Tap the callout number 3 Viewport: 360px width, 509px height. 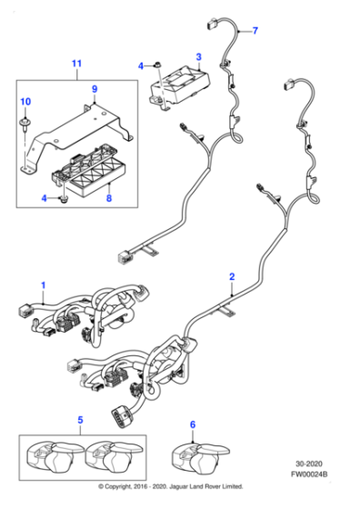pos(198,56)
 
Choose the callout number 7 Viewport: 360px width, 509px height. pos(255,31)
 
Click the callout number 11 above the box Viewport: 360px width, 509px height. pos(76,64)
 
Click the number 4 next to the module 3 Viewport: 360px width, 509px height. pos(141,65)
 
